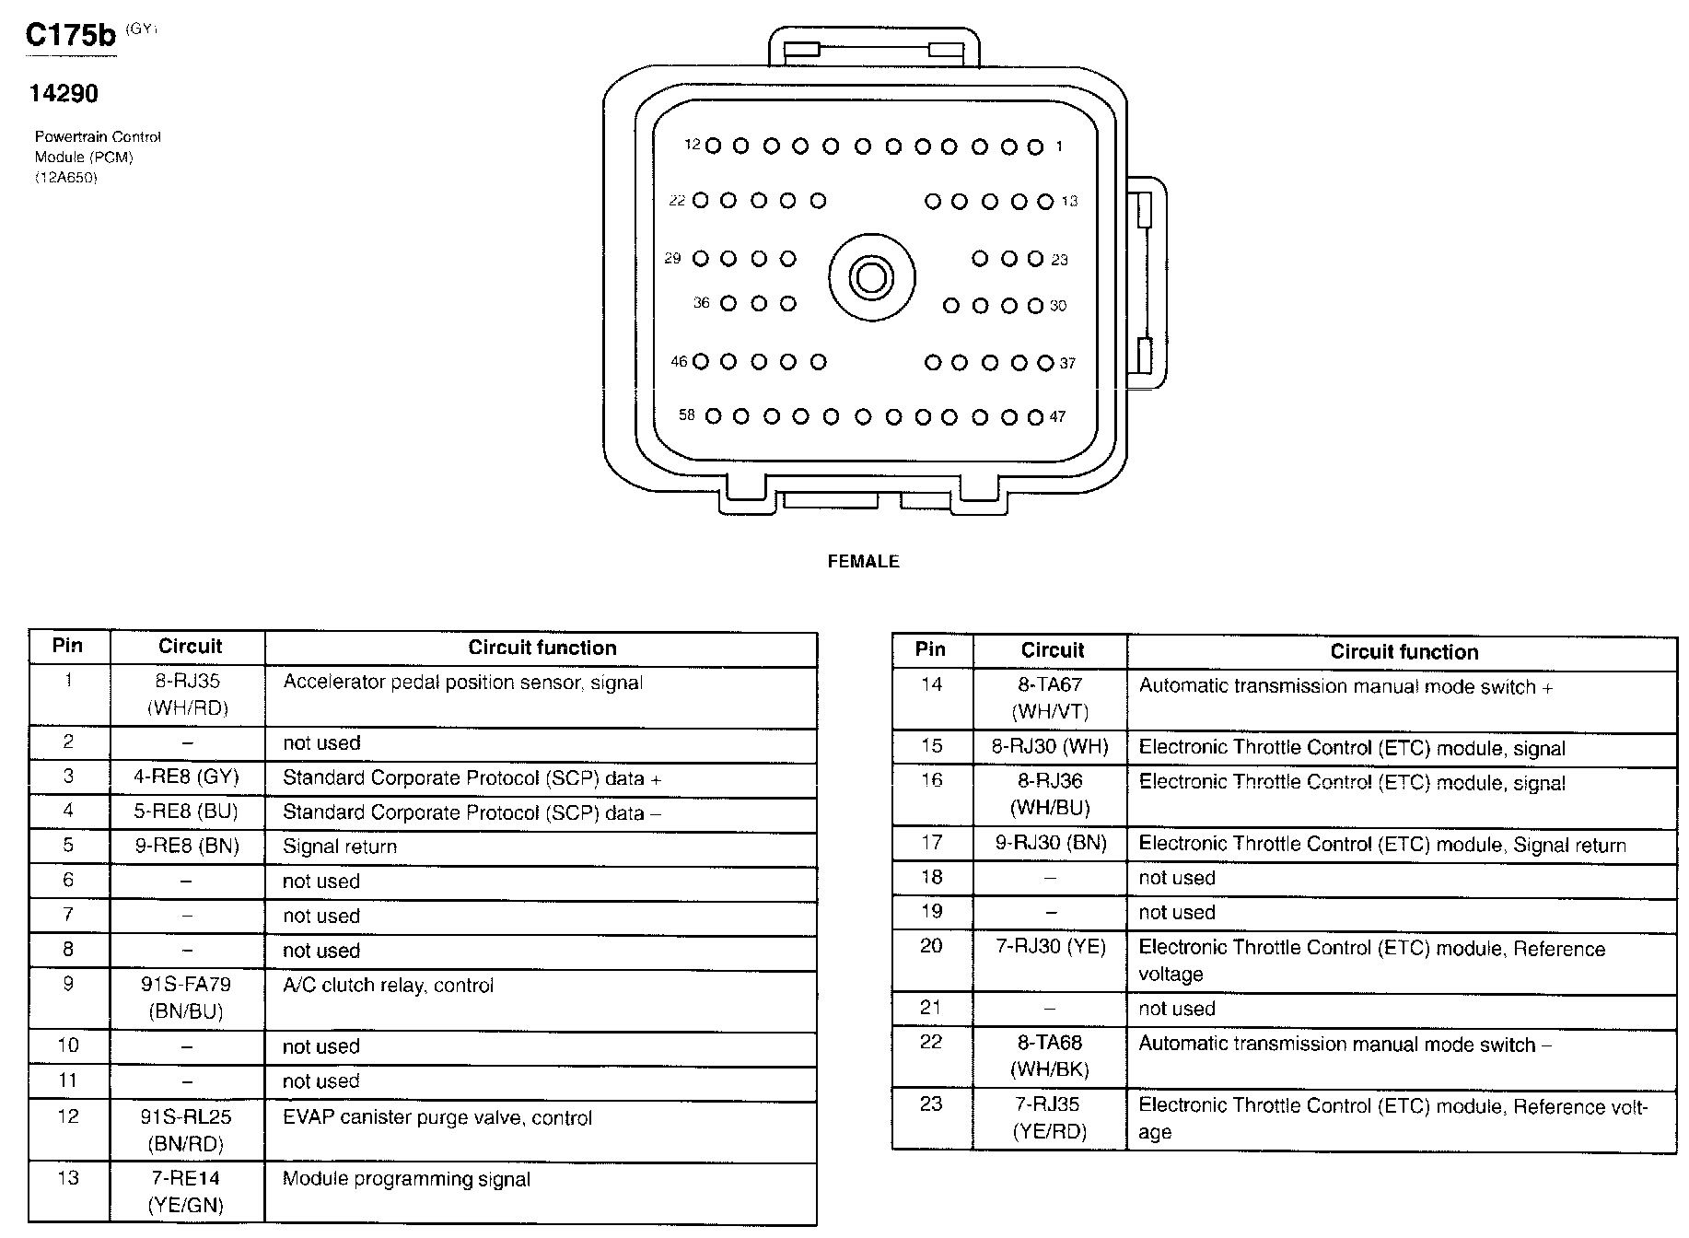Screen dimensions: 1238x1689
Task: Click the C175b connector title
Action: coord(71,35)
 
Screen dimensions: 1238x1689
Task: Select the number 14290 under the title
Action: coord(64,93)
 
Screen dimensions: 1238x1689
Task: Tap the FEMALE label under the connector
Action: coord(863,561)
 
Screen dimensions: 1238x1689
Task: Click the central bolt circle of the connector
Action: coord(871,277)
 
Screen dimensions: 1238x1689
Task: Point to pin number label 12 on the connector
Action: coord(693,145)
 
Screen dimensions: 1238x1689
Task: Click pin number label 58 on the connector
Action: coord(687,415)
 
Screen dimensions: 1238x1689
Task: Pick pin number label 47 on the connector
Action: coord(1057,416)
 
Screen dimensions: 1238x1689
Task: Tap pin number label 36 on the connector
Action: coord(702,303)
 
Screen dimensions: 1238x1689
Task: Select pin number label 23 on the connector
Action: coord(1059,260)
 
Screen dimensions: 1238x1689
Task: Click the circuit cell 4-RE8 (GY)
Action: coord(187,777)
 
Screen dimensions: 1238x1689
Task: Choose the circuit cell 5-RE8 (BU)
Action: coord(187,812)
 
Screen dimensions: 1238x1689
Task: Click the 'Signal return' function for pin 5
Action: coord(340,847)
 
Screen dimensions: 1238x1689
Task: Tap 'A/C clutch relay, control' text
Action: coord(388,985)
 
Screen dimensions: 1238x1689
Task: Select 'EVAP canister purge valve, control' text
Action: coord(437,1117)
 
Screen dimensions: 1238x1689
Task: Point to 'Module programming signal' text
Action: coord(406,1179)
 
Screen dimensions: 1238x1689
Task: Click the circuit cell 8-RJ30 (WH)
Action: coord(1050,746)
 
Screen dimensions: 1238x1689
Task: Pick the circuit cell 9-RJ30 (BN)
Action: coord(1051,842)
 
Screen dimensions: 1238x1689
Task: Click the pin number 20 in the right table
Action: coord(931,946)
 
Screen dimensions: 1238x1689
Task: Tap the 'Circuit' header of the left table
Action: coord(190,646)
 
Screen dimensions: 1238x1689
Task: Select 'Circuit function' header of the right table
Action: coord(1404,652)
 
